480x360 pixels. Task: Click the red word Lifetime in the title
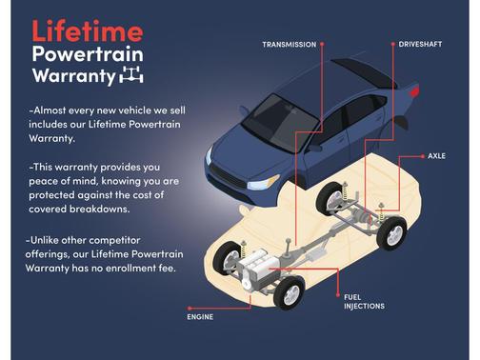click(88, 30)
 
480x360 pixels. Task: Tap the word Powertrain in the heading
click(88, 54)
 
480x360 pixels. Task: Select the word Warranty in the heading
click(73, 76)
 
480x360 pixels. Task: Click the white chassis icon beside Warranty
click(131, 75)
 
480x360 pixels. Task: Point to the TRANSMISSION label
click(290, 45)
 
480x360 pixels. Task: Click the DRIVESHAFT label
click(420, 44)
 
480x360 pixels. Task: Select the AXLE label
click(436, 156)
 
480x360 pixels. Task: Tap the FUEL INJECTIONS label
click(364, 302)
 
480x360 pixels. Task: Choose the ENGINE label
click(200, 317)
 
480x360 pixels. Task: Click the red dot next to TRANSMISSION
click(322, 44)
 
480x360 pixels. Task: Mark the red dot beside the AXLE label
click(423, 156)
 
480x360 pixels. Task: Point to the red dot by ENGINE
click(190, 308)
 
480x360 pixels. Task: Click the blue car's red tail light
click(414, 91)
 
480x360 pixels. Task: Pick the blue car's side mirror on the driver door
click(313, 148)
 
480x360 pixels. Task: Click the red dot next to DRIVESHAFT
click(392, 44)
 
